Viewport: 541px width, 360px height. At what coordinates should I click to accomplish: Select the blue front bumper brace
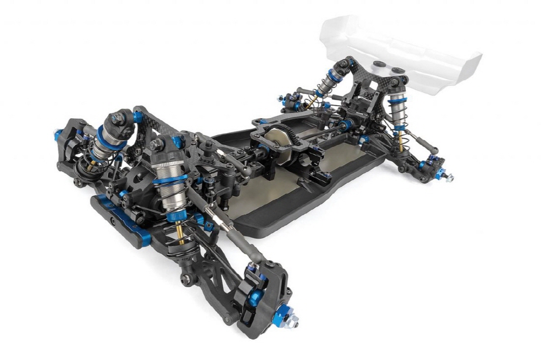click(x=120, y=216)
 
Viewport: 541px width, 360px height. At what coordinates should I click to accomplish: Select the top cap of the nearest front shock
click(x=160, y=145)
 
